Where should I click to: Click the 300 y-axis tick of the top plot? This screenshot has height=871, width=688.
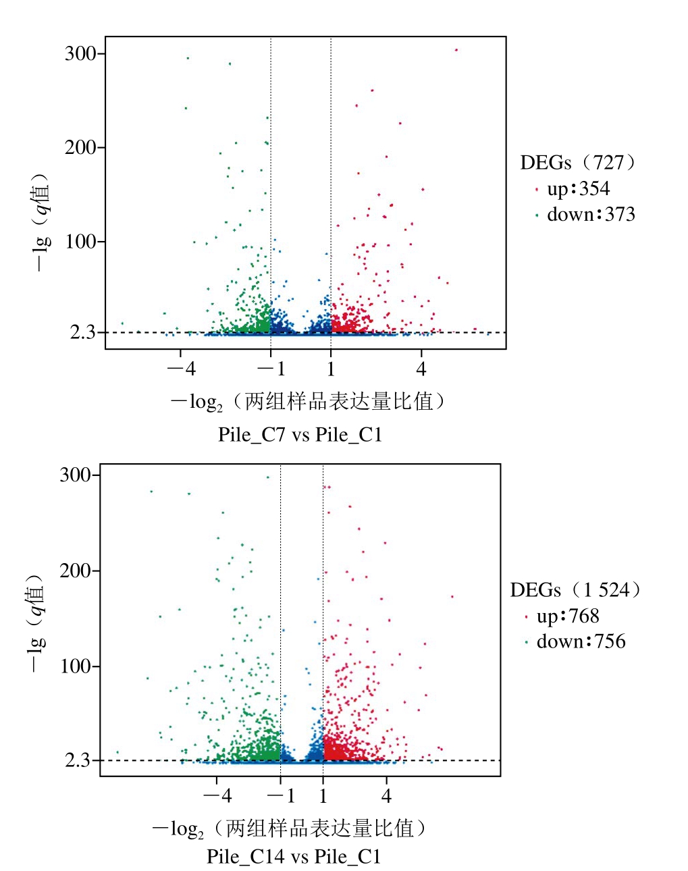80,54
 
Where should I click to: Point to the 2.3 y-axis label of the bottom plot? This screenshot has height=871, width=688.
78,761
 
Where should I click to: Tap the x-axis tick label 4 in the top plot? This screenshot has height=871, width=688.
421,369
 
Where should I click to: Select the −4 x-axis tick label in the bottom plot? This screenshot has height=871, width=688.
217,796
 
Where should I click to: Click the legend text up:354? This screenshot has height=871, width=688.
578,188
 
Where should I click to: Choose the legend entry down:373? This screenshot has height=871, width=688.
591,215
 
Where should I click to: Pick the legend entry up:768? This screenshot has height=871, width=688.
568,616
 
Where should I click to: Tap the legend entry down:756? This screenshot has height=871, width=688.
581,641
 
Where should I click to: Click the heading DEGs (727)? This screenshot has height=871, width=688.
578,163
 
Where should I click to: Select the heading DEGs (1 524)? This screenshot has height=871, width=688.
575,590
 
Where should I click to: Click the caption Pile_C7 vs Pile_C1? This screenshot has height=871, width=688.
300,434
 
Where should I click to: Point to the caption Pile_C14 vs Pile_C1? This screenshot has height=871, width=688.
294,857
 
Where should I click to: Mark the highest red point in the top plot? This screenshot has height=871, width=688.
456,50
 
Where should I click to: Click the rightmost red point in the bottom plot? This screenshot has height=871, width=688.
452,597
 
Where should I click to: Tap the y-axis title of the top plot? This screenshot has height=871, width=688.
41,223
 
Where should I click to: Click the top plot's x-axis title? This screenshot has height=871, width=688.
307,402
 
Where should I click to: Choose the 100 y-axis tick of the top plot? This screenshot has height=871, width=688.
80,242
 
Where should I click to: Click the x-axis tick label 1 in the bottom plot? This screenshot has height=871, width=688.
323,796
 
